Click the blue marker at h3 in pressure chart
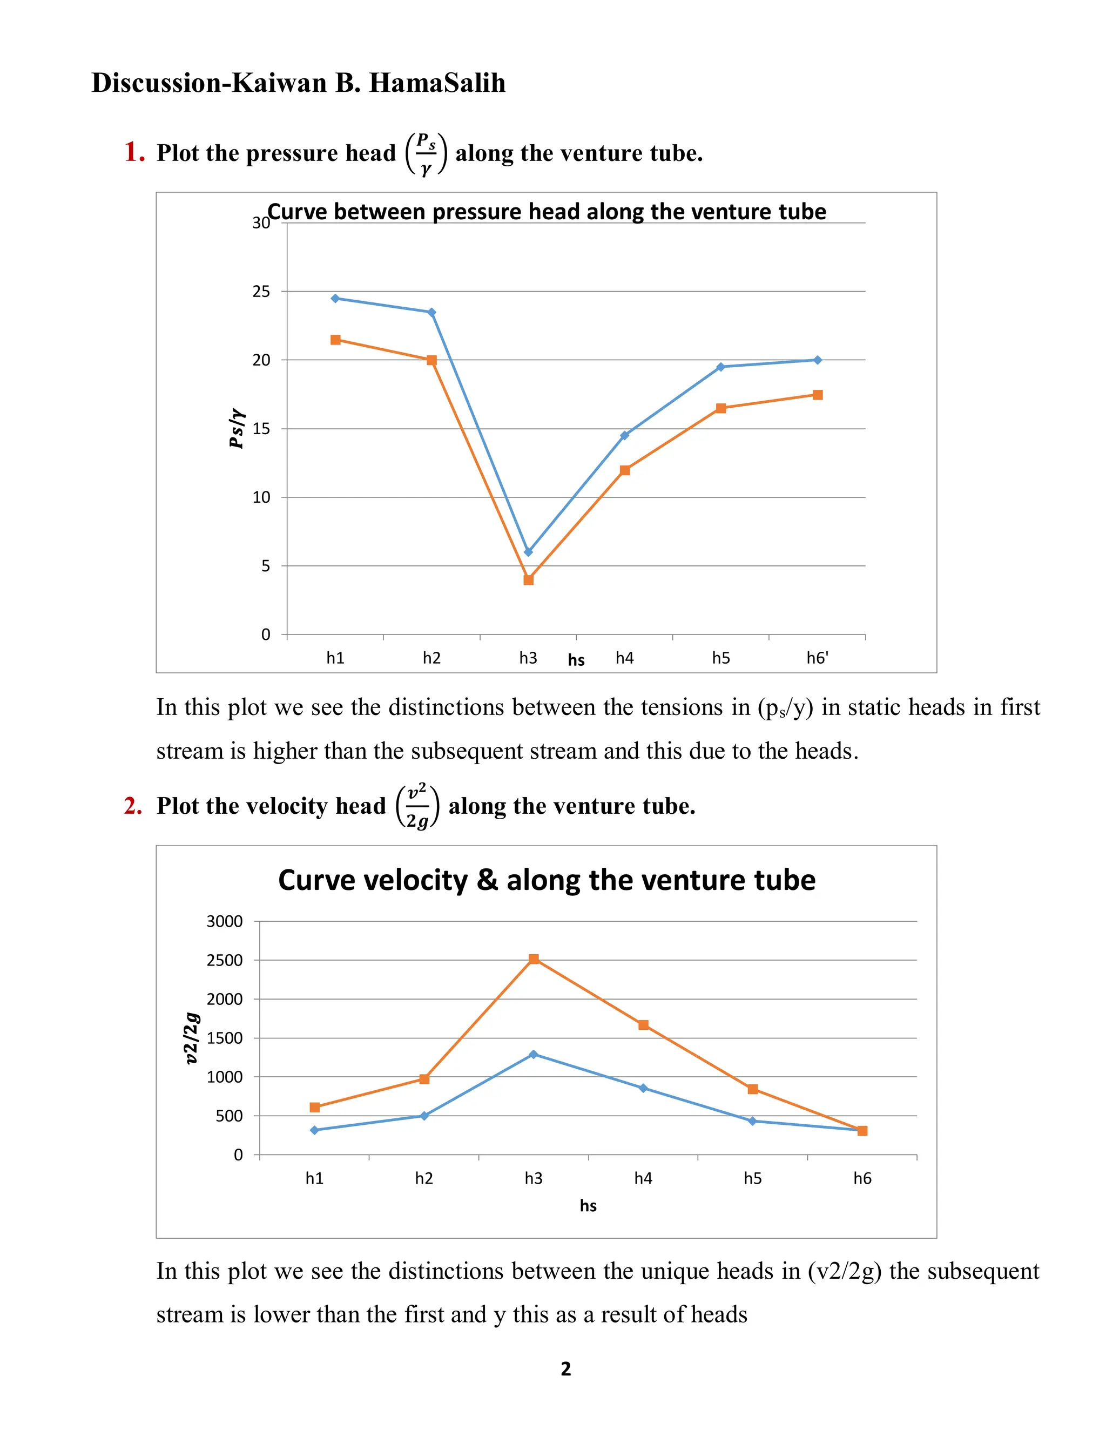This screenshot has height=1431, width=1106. [528, 552]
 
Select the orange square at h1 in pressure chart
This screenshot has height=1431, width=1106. [335, 340]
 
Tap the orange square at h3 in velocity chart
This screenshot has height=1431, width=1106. [534, 959]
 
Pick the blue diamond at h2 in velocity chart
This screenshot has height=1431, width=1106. [424, 1116]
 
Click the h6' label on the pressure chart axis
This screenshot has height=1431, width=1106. [817, 658]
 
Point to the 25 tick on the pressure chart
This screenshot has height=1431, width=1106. [261, 292]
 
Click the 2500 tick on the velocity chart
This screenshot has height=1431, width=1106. [224, 961]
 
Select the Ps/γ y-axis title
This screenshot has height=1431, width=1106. [237, 429]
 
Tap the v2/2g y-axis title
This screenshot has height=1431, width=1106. [191, 1038]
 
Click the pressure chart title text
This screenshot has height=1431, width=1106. [547, 212]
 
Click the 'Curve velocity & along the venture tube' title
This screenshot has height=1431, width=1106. [547, 880]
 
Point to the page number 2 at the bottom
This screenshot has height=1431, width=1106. [566, 1369]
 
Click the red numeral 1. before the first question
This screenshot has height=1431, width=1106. [134, 152]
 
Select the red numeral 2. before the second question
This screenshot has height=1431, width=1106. [133, 806]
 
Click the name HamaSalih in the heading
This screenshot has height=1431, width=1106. [437, 83]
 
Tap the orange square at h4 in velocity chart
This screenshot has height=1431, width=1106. [643, 1025]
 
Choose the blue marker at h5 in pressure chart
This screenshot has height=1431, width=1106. [721, 367]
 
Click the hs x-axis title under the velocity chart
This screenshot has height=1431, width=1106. [588, 1206]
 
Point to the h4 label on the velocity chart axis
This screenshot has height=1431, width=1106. [643, 1179]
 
